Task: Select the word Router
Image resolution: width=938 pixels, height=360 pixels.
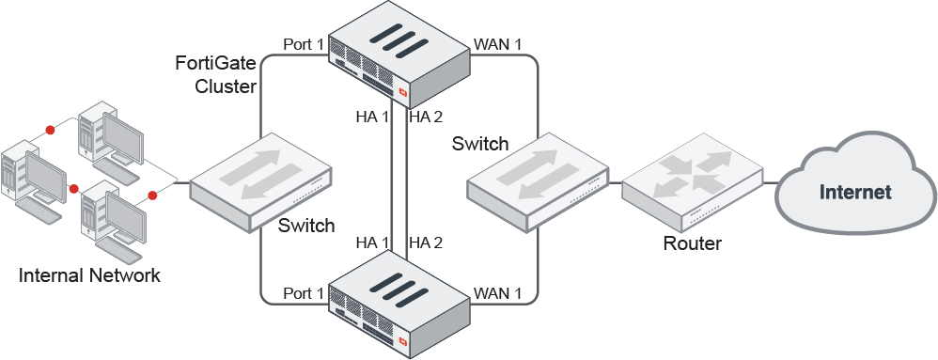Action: [692, 243]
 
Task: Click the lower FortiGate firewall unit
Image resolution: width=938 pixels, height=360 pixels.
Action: [399, 301]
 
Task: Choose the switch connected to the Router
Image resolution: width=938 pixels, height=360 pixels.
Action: [539, 179]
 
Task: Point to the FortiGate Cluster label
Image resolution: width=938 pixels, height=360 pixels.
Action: [216, 75]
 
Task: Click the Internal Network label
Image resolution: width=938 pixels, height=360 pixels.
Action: [90, 275]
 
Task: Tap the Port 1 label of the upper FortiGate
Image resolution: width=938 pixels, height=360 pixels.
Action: [303, 44]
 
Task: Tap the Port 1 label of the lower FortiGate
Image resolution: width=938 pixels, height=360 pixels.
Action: [303, 293]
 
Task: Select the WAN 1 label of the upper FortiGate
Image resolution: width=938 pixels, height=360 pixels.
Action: [498, 44]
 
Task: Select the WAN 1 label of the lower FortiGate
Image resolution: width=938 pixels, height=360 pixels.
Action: [498, 293]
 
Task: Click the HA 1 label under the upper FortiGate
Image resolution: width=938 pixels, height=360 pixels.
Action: [371, 117]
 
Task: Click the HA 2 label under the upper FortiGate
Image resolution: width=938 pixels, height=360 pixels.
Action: [425, 117]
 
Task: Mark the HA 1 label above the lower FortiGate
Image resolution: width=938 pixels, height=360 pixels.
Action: [371, 243]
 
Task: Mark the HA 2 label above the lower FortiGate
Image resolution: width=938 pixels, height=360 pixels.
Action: [425, 243]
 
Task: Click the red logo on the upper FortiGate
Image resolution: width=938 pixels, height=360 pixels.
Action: [403, 92]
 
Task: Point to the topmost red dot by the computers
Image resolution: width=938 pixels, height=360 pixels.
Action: [50, 129]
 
